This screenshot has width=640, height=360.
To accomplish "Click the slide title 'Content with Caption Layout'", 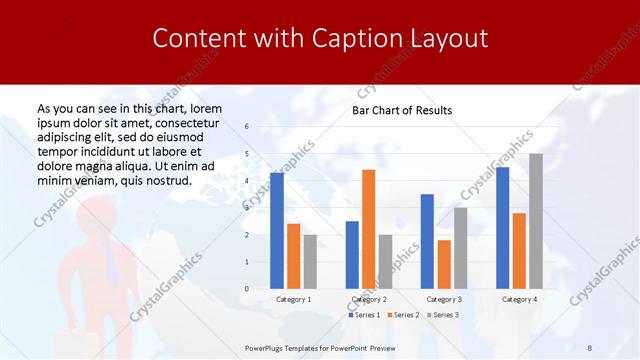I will pyautogui.click(x=320, y=39).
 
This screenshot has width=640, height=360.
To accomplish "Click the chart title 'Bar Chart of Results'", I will pyautogui.click(x=402, y=110).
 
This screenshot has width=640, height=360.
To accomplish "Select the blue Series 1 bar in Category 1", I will pyautogui.click(x=277, y=230).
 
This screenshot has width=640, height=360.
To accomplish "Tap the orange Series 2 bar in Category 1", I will pyautogui.click(x=293, y=256).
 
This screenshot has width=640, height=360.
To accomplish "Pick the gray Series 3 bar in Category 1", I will pyautogui.click(x=310, y=261).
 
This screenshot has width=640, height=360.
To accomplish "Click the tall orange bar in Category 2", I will pyautogui.click(x=368, y=229).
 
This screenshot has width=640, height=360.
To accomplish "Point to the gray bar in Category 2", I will pyautogui.click(x=385, y=261).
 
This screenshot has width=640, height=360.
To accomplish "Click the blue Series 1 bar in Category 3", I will pyautogui.click(x=427, y=241).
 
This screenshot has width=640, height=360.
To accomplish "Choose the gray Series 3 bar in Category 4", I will pyautogui.click(x=536, y=220).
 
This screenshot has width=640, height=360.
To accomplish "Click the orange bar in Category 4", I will pyautogui.click(x=519, y=250).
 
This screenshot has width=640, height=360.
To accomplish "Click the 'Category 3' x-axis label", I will pyautogui.click(x=443, y=299).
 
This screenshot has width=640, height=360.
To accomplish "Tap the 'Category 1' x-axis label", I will pyautogui.click(x=293, y=299).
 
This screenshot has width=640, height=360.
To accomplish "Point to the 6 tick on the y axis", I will pyautogui.click(x=247, y=127).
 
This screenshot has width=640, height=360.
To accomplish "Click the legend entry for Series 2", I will pyautogui.click(x=403, y=315).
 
